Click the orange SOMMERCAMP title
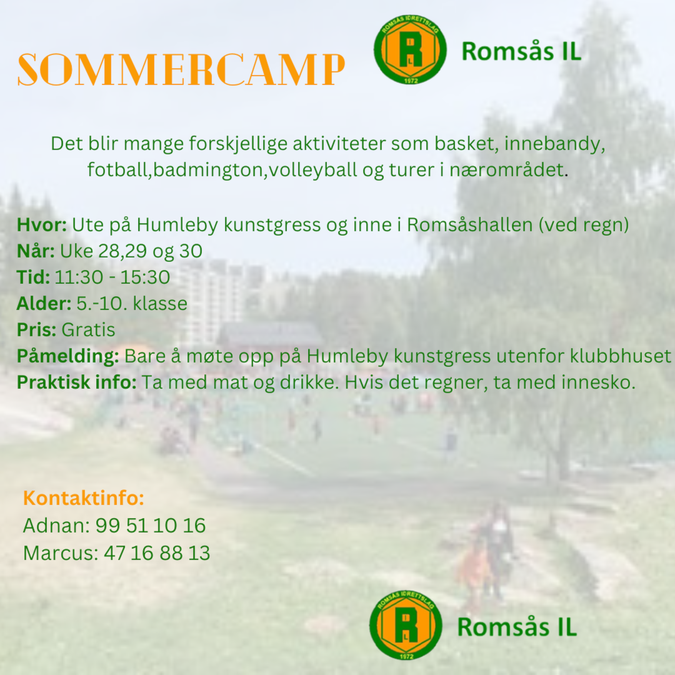coord(181,70)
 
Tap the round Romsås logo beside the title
coord(410,49)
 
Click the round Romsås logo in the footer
coord(406,624)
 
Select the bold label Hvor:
coord(42,225)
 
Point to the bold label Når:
coord(36,251)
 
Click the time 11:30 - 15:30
coord(112,277)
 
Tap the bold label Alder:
coord(44,304)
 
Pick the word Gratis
coord(88,330)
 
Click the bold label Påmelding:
coord(68,357)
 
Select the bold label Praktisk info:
coord(77,382)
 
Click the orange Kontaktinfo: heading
coord(84,498)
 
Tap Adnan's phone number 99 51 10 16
coord(151,526)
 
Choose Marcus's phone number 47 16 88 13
coord(157,553)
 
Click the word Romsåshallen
coord(470,225)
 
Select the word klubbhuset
coord(621,356)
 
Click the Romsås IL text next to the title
coord(521,51)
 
